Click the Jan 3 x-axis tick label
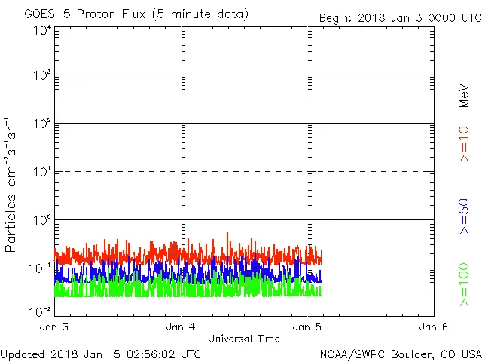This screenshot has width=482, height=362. coord(55,327)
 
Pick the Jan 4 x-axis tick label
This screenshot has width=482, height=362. coord(182,327)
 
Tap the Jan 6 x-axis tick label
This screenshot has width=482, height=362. coord(434,327)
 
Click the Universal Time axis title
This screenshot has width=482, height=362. coord(244,339)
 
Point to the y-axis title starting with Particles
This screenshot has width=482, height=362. coord(11,185)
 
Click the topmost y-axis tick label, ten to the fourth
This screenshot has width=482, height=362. coord(42,29)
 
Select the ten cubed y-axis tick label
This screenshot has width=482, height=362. coord(42,77)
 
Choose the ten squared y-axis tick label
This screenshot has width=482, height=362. coord(42,125)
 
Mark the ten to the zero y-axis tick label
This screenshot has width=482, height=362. coord(42,221)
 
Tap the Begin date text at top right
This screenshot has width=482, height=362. coord(399,17)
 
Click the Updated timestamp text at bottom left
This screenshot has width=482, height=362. coord(101,353)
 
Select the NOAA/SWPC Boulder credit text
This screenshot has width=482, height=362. coord(400,353)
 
